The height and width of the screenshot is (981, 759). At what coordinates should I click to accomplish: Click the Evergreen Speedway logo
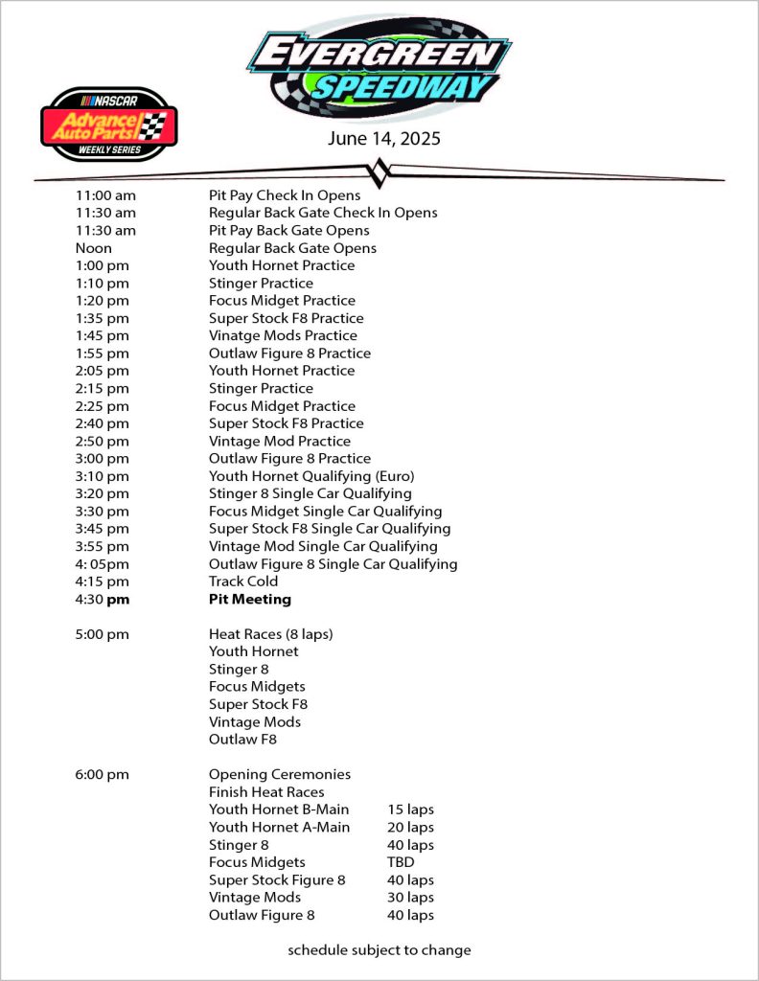tap(379, 67)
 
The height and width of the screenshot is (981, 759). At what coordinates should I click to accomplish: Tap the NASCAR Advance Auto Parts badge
tap(109, 125)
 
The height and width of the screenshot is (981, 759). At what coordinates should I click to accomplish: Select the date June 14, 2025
tap(383, 139)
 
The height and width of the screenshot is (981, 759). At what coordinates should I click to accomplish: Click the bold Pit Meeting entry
tap(249, 599)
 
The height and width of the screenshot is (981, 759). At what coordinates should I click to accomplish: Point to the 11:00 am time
tap(105, 194)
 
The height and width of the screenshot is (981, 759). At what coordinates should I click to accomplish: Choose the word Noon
tap(94, 248)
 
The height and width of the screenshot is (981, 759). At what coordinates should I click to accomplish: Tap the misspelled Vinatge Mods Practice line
tap(283, 335)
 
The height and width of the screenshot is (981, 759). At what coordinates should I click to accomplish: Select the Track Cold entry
tap(243, 582)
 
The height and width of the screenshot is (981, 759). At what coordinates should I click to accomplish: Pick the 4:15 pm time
tap(102, 582)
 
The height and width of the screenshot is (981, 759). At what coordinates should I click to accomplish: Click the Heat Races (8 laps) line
tap(271, 634)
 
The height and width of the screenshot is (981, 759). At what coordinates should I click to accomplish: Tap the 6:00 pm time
tap(102, 774)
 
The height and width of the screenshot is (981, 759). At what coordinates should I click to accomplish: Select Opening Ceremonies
tap(280, 774)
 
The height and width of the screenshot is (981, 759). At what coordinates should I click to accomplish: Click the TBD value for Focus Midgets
tap(401, 862)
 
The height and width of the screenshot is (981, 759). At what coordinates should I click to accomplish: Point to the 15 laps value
tap(410, 810)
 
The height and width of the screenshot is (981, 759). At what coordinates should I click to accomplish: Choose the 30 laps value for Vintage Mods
tap(410, 898)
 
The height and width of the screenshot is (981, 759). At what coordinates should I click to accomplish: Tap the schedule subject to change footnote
tap(379, 950)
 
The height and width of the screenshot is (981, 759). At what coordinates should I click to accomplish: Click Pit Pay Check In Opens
tap(285, 194)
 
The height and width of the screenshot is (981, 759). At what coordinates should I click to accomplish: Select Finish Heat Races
tap(266, 792)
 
